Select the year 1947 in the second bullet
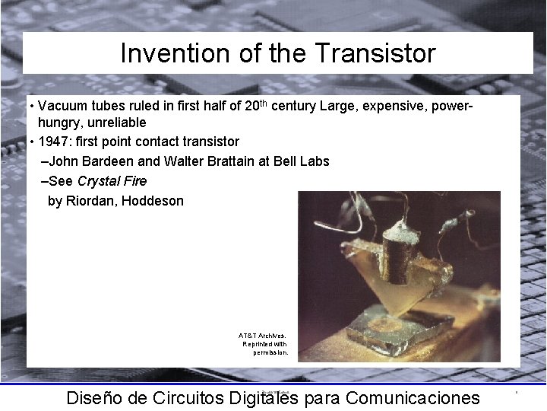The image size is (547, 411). (x=54, y=142)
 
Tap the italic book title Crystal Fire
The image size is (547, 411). (x=112, y=181)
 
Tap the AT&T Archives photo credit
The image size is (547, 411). (x=263, y=343)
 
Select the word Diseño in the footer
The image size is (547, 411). (x=92, y=397)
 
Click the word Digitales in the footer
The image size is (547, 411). (x=262, y=397)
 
